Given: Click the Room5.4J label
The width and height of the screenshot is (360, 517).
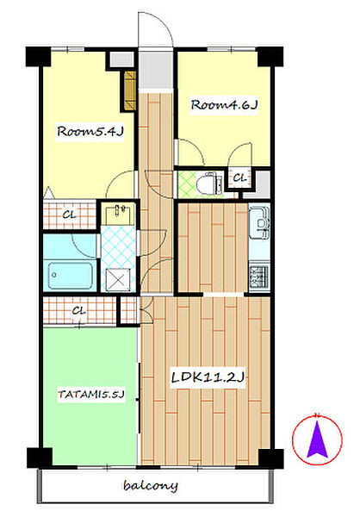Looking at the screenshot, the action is [90, 131].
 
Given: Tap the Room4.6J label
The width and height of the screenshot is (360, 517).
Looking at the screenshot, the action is [224, 105].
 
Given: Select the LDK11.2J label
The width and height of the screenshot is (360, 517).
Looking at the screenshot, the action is [208, 377].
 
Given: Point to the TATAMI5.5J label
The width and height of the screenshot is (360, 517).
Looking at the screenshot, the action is [91, 394].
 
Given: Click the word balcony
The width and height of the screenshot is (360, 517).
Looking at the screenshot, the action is [151, 485].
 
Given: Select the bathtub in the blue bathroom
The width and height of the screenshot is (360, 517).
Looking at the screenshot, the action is [71, 276].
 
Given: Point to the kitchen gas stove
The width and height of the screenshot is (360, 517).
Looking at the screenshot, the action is [260, 276].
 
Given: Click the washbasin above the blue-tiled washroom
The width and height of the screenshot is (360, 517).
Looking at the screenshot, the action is [119, 215].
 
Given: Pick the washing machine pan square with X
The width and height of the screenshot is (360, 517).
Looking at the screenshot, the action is [118, 279].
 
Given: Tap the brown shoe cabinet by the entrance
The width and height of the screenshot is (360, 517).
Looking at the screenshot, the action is [130, 90].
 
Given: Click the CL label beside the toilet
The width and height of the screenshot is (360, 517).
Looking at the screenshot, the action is [239, 178].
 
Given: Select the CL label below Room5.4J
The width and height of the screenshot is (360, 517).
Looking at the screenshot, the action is [70, 215].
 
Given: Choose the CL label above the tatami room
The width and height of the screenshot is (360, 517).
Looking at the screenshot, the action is [78, 310].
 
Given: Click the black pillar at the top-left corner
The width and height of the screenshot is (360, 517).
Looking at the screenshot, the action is [38, 57].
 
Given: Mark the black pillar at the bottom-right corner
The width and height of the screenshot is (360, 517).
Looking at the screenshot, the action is [270, 458].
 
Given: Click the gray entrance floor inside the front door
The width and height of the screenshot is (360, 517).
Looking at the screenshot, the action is [156, 70].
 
